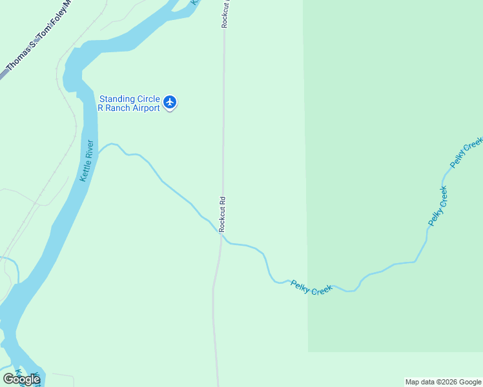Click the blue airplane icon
[170, 102]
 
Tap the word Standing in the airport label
[117, 99]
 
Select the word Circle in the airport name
[148, 99]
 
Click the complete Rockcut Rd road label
[222, 215]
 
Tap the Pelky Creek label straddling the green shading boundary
[311, 287]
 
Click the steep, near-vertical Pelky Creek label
[437, 206]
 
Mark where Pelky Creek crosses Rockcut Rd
[221, 235]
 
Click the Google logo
[21, 379]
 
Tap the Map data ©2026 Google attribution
[444, 382]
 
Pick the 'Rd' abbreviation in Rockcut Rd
[222, 201]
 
